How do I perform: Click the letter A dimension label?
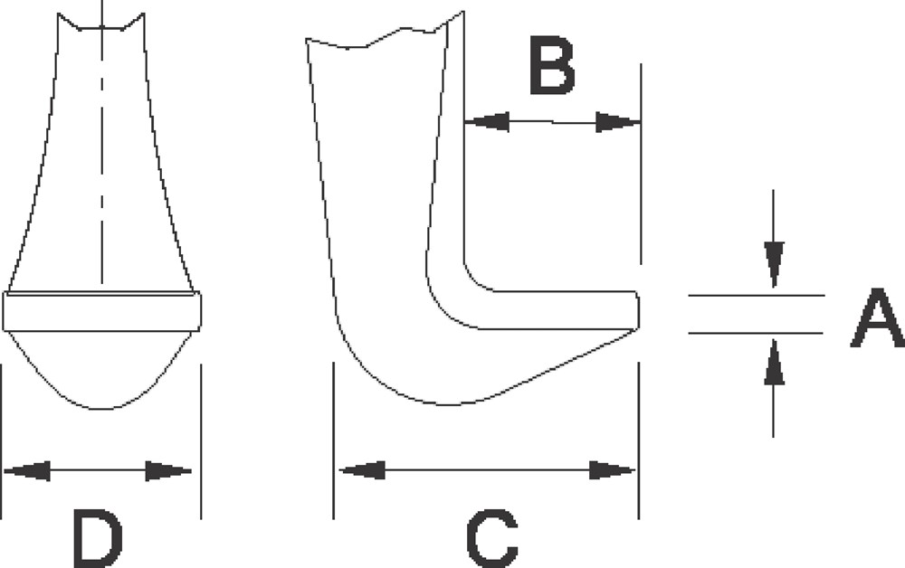(x=877, y=318)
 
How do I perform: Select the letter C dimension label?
(x=491, y=538)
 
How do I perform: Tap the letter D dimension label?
(x=98, y=538)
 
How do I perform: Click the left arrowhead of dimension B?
(x=487, y=122)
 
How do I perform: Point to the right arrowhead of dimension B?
(x=618, y=122)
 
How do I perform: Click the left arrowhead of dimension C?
(x=361, y=470)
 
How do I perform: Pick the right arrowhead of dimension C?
(x=612, y=470)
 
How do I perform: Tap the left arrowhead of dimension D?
(x=27, y=470)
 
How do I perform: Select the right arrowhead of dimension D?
(x=168, y=471)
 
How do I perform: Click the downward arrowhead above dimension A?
(x=774, y=265)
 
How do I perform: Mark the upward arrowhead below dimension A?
(x=774, y=363)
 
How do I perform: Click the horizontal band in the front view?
(x=102, y=311)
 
